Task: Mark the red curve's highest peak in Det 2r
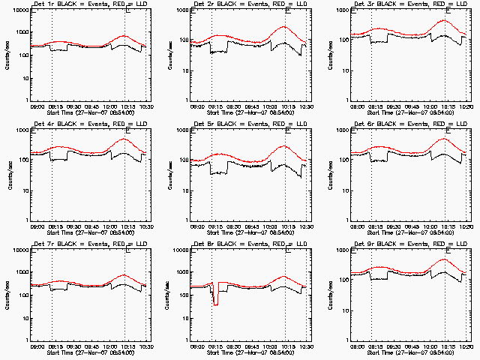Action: pyautogui.click(x=284, y=27)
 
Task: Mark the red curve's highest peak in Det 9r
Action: pyautogui.click(x=445, y=259)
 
